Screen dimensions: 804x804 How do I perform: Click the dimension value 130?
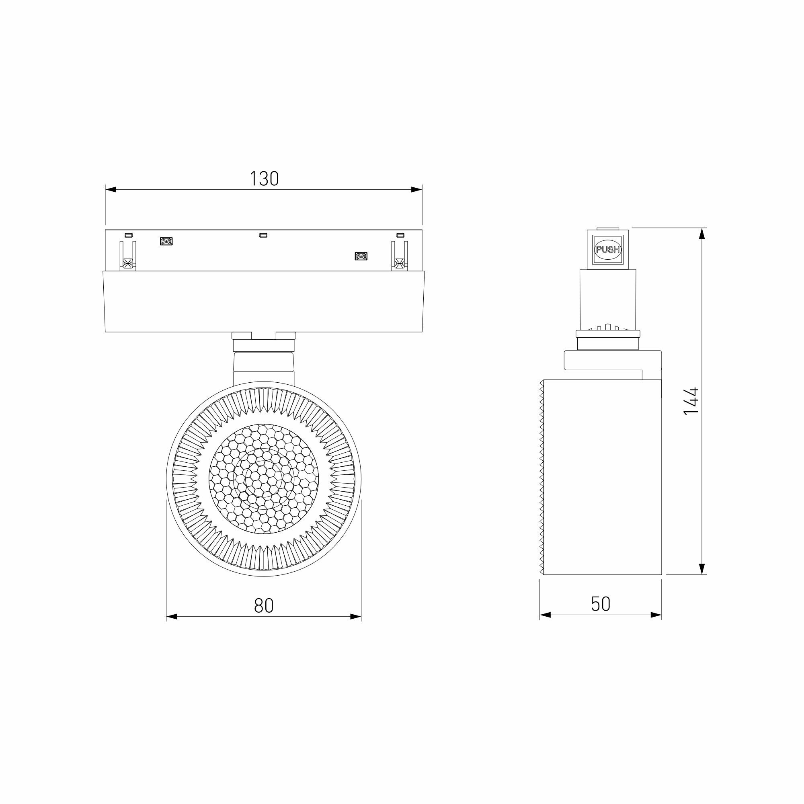(264, 179)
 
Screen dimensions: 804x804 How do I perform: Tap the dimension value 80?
(264, 605)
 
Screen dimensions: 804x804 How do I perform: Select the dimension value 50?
(601, 604)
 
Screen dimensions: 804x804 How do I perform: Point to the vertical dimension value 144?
(691, 401)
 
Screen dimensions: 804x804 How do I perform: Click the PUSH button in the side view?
(608, 250)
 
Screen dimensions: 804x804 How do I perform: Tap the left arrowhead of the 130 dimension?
(111, 190)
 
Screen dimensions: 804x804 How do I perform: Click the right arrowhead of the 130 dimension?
(416, 190)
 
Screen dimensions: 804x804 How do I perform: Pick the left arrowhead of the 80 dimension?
(172, 617)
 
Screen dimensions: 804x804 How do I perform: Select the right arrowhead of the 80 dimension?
(355, 617)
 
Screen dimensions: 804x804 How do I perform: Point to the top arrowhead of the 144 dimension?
(702, 234)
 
